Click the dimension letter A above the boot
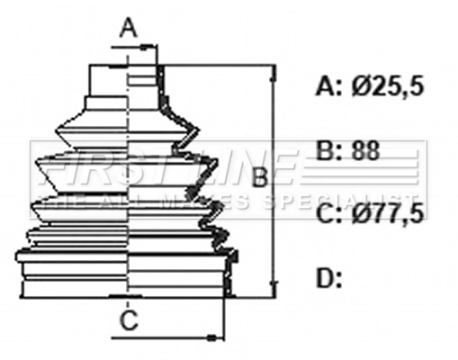pos(129,29)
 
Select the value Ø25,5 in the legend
pos(385,87)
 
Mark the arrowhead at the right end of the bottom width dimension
pos(216,338)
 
